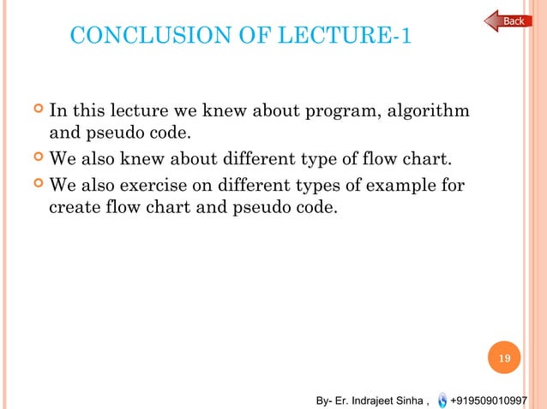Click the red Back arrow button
pos(508,21)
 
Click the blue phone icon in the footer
pos(441,400)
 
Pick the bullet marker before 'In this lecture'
pos(36,110)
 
